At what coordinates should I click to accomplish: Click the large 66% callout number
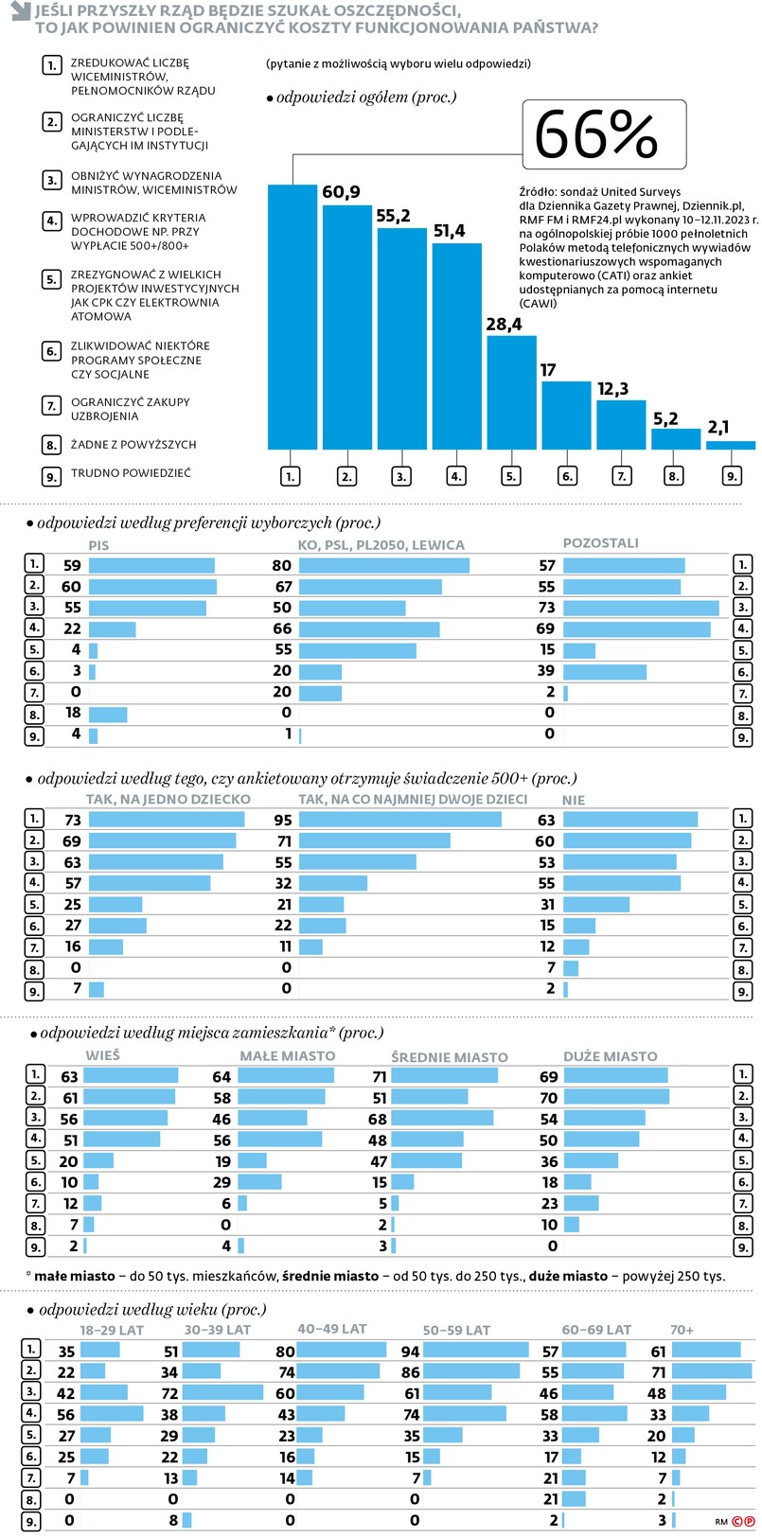point(596,134)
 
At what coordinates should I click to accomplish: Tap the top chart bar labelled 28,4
point(511,392)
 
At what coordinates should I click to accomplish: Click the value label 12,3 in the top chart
point(612,389)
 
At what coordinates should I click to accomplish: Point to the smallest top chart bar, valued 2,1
point(731,445)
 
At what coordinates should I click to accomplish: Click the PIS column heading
point(98,545)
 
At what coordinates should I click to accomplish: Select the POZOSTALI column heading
point(600,543)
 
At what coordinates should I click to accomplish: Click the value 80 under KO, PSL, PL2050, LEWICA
point(281,566)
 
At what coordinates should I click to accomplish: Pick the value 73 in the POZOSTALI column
point(546,608)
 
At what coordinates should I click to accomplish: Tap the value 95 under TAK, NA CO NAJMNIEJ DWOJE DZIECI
point(282,821)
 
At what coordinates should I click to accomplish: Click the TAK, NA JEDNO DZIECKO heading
point(168,800)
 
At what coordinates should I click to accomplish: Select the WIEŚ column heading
point(102,1055)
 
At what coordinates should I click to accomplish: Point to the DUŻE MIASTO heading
point(610,1056)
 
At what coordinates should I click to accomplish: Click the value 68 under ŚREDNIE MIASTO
point(379,1119)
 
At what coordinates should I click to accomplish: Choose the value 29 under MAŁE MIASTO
point(222,1182)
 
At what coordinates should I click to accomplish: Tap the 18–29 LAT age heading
point(112,1330)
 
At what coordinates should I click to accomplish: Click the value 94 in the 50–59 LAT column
point(410,1352)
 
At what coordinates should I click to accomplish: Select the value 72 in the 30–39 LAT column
point(169,1393)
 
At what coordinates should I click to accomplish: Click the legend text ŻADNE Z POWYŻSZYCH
point(133,445)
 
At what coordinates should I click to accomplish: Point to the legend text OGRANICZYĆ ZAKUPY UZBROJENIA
point(130,409)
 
